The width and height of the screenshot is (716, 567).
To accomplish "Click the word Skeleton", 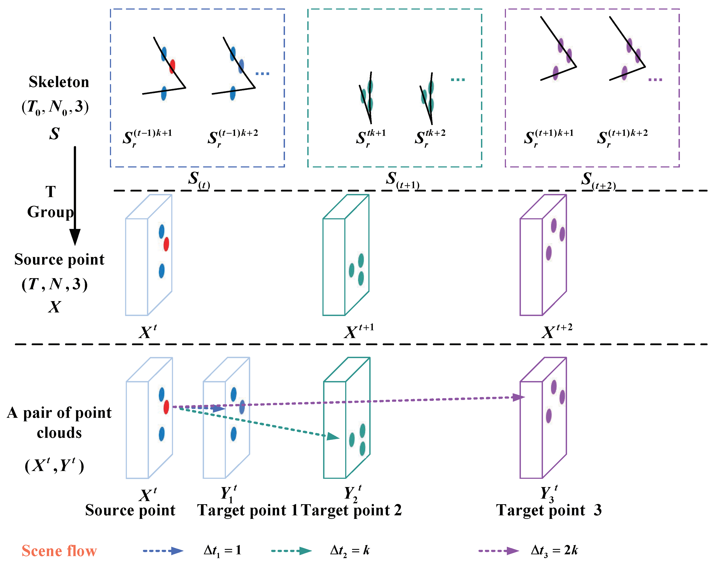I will tap(59, 82).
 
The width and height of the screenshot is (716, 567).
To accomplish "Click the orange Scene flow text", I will tap(59, 551).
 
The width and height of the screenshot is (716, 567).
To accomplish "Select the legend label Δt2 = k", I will tap(350, 551).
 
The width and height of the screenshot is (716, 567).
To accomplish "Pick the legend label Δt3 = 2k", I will tap(554, 551).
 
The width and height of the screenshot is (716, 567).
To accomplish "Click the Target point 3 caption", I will tap(549, 510).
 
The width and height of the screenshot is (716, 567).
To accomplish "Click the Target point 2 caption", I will tap(351, 510).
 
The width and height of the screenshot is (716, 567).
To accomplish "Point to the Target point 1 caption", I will tap(248, 510).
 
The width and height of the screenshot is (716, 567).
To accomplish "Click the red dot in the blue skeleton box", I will tap(172, 66).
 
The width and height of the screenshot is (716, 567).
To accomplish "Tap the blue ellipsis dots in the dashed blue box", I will tap(262, 74).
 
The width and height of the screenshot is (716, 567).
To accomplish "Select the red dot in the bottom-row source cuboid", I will tap(166, 407).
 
